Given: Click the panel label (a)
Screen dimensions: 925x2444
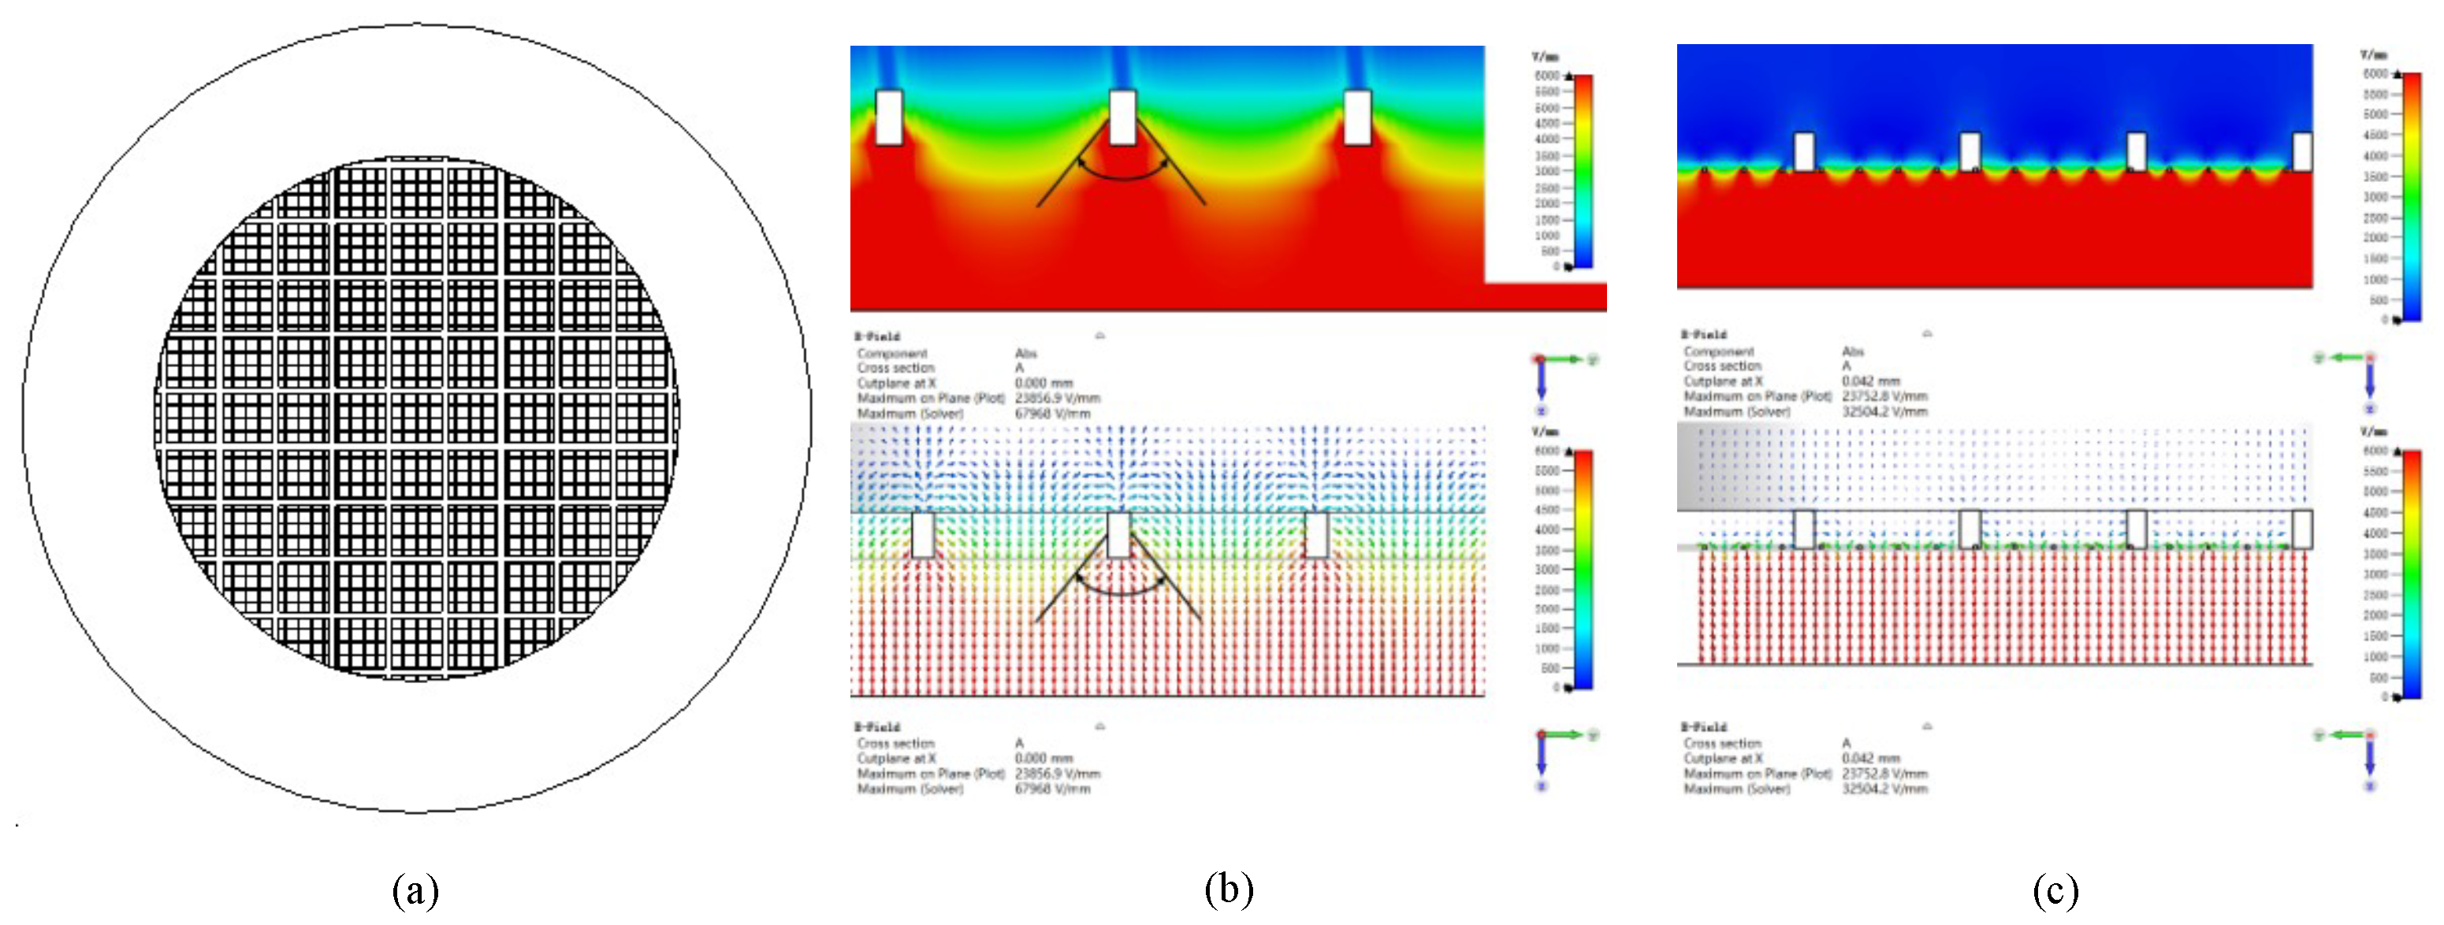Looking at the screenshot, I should (x=415, y=890).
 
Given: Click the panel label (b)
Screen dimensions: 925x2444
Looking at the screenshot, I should (x=1229, y=889).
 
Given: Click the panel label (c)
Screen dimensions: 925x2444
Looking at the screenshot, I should (x=2055, y=890).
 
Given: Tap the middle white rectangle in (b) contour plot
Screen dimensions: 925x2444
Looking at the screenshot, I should (x=1122, y=117).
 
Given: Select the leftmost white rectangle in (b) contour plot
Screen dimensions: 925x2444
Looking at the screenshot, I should (x=889, y=117).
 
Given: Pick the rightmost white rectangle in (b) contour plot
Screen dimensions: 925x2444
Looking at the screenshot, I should (x=1358, y=117).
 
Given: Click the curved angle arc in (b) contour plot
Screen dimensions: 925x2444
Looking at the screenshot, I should (x=1123, y=176).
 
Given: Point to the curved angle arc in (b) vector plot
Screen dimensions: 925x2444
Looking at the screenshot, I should (x=1121, y=591).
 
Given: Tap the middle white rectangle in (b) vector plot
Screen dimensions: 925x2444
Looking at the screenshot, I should (x=1118, y=535).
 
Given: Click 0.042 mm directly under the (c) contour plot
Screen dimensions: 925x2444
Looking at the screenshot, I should (x=1871, y=381).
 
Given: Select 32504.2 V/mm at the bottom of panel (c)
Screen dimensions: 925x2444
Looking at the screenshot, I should (x=1884, y=789).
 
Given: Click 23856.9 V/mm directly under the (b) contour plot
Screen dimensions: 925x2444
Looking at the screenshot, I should (x=1057, y=399).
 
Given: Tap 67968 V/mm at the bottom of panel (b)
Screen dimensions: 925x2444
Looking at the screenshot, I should (x=1052, y=789).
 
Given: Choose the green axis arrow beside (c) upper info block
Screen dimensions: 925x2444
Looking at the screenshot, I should (x=2345, y=358).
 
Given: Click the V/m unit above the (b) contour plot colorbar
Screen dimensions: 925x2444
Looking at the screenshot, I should (x=1546, y=57).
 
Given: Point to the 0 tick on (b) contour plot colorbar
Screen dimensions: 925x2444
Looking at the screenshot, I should (x=1556, y=266).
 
